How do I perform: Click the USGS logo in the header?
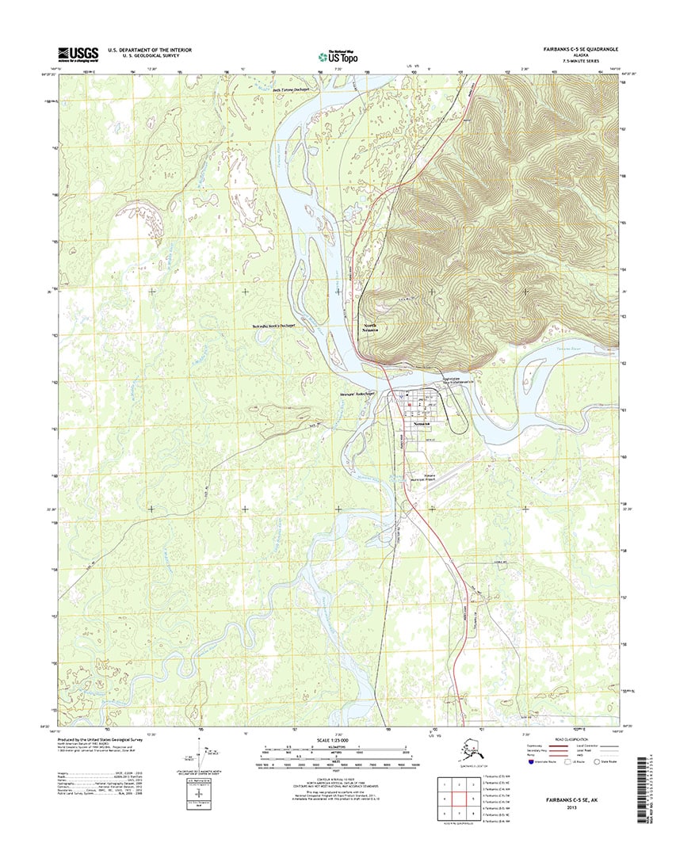pos(77,54)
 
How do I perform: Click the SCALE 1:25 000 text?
pos(336,740)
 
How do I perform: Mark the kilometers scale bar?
pos(336,747)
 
